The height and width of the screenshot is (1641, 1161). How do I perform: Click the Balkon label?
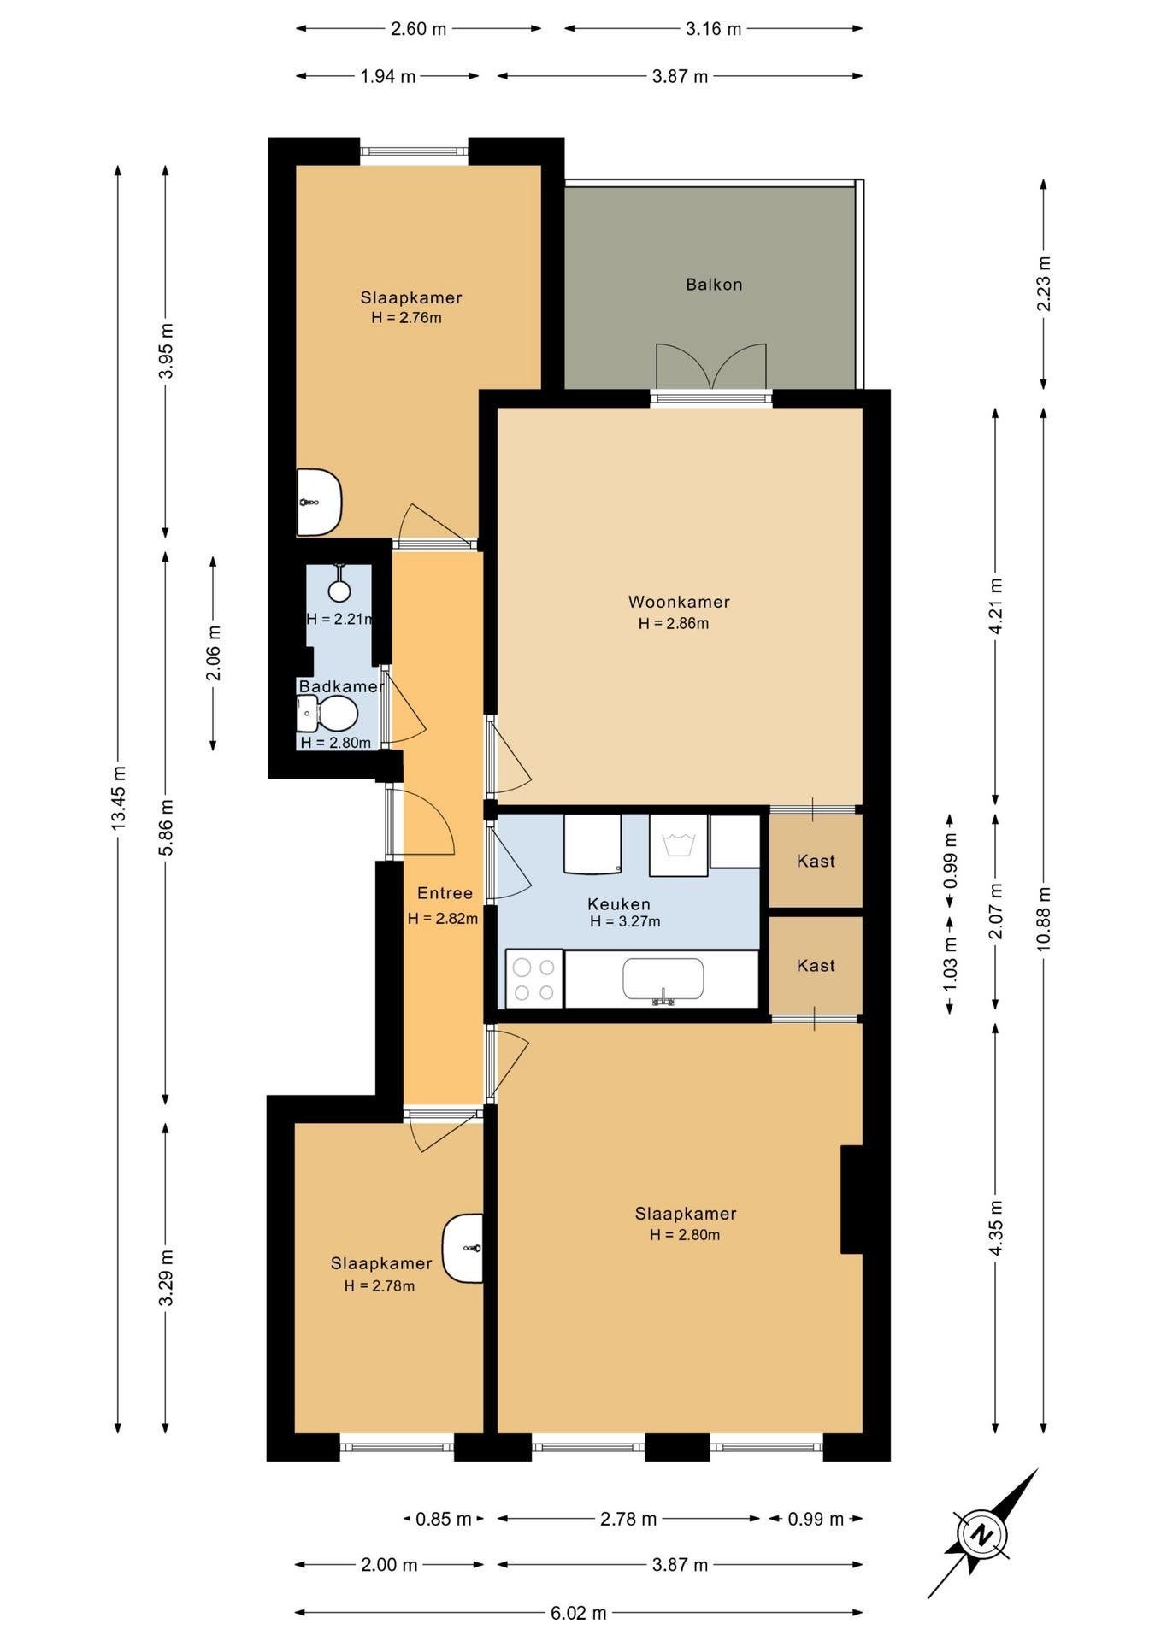[713, 285]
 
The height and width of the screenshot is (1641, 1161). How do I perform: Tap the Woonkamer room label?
[679, 602]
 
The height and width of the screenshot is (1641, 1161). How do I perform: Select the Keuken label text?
[619, 903]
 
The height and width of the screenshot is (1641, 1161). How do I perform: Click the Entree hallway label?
[445, 893]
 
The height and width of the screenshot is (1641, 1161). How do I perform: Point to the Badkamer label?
[341, 686]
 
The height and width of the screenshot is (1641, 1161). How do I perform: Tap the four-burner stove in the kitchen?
[534, 978]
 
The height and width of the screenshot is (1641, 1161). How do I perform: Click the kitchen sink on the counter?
[663, 979]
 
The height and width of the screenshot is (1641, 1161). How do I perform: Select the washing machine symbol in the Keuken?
[679, 845]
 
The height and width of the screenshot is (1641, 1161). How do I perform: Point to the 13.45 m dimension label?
[119, 797]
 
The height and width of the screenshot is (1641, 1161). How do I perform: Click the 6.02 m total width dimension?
[579, 1613]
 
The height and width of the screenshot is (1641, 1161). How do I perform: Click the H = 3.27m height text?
[625, 921]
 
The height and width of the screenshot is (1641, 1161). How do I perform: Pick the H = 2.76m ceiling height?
[406, 318]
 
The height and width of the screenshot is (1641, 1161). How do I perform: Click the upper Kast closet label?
[816, 861]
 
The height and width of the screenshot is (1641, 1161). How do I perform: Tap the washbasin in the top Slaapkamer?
[319, 502]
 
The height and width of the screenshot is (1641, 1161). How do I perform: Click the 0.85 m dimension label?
[443, 1519]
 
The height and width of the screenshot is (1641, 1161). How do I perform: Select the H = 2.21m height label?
[340, 619]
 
